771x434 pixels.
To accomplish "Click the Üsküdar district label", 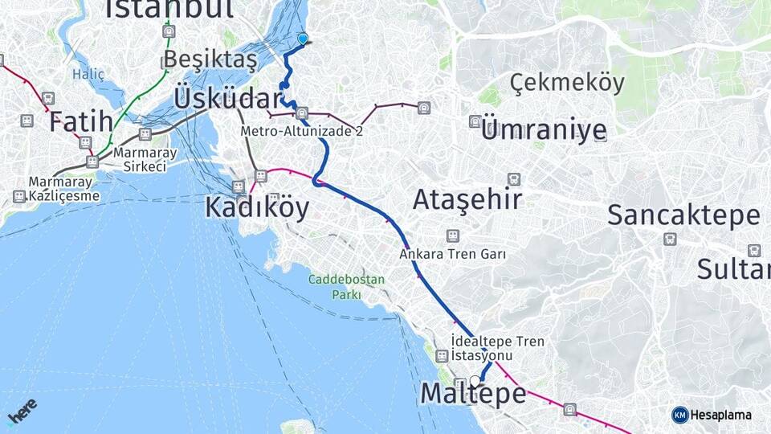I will click(226, 99).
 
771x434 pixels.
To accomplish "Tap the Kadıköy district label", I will click(256, 207).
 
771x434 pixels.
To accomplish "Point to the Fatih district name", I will click(80, 122).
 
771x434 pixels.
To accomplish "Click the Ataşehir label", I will click(467, 199).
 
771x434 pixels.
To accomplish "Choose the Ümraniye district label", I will click(544, 130).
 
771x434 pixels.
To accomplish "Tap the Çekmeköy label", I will click(567, 83).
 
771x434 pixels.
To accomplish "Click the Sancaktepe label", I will click(683, 215).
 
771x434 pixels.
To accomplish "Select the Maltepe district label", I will click(474, 395).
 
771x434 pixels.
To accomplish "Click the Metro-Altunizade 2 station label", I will click(301, 130).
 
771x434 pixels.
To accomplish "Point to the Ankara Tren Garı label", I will click(453, 254).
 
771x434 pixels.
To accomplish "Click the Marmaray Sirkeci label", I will click(140, 159).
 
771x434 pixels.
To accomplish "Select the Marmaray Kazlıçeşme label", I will click(64, 189).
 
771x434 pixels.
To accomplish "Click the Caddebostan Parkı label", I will click(347, 287).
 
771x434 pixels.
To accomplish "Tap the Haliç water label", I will click(88, 74).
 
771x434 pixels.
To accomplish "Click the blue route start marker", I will click(303, 38).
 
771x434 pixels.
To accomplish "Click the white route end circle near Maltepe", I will click(475, 381).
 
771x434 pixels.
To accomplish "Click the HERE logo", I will click(22, 411).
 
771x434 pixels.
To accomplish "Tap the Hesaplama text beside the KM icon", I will click(720, 415).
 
